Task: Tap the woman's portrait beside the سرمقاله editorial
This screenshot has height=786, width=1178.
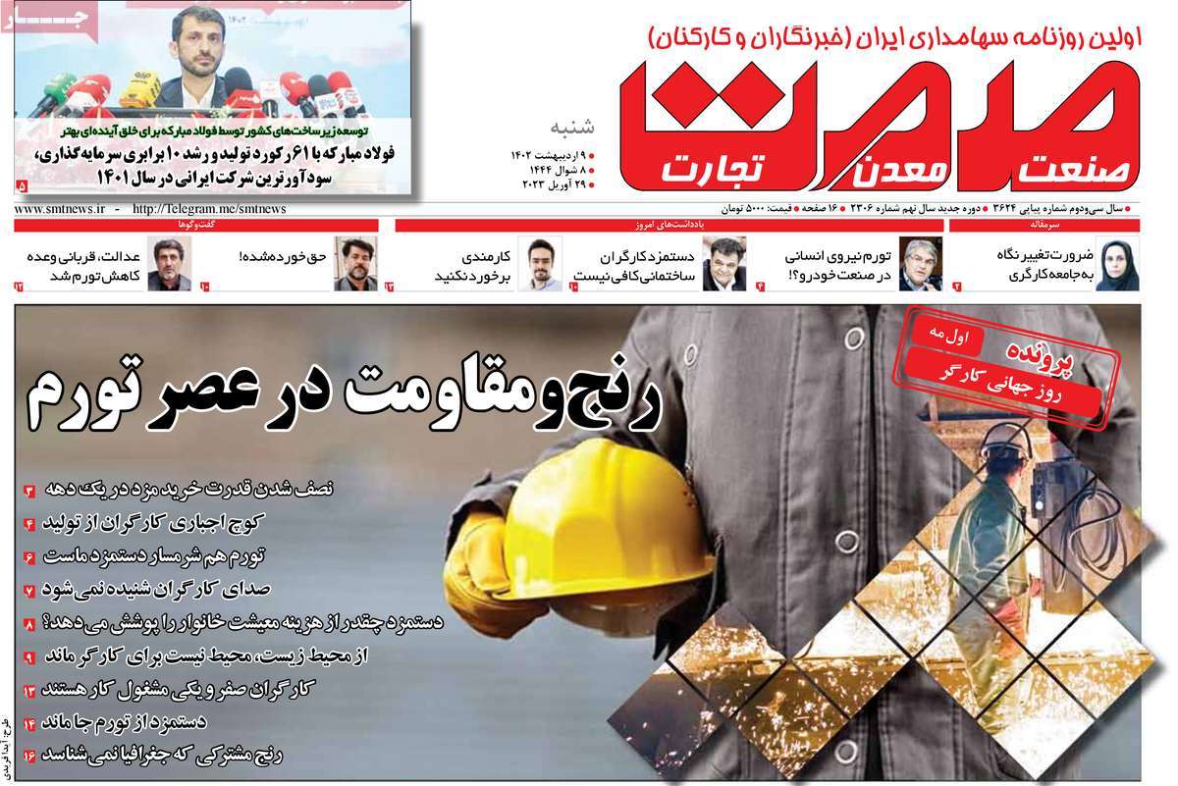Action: (x=1117, y=263)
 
